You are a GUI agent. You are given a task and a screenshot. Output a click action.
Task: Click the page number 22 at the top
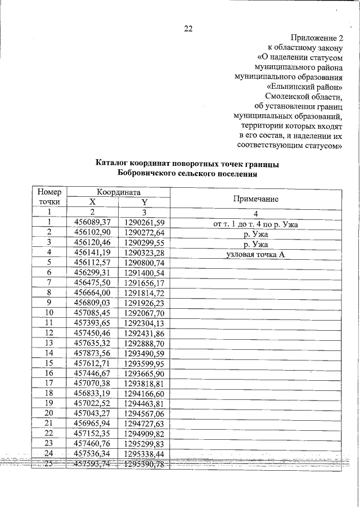(188, 29)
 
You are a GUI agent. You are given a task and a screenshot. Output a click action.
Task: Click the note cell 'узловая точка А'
(255, 255)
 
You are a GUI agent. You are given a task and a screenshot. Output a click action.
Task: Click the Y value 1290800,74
(144, 263)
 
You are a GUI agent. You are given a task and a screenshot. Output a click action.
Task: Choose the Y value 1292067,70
(144, 313)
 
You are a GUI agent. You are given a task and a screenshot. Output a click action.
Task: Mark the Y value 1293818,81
(144, 383)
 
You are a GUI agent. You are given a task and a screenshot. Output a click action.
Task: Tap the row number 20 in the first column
(49, 413)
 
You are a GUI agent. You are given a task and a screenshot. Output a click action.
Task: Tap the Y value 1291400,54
(144, 273)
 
